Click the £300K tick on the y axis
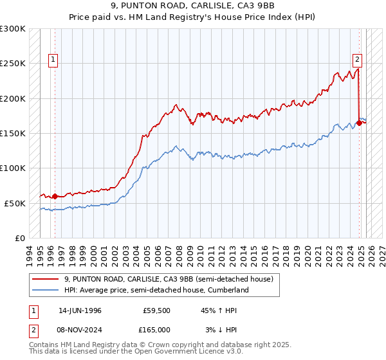click(x=14, y=29)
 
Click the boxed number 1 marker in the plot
click(x=53, y=60)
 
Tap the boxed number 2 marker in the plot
click(x=358, y=60)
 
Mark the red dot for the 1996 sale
click(x=55, y=196)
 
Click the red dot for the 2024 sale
click(x=359, y=123)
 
